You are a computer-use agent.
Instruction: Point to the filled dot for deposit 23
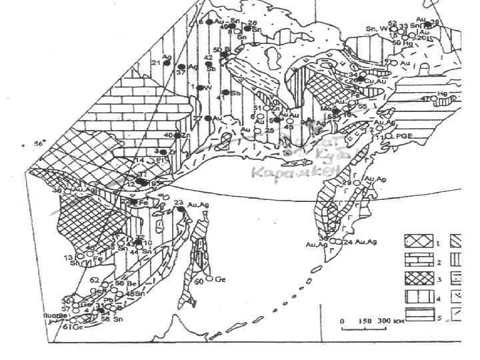[x=181, y=209]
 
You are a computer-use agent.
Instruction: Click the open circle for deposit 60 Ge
[x=209, y=278]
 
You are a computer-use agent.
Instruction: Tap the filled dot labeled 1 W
[x=198, y=87]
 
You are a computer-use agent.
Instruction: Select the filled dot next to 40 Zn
[x=177, y=135]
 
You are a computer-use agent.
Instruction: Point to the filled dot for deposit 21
[x=167, y=63]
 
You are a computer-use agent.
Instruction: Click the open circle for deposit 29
[x=355, y=183]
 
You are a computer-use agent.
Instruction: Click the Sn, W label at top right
[x=377, y=29]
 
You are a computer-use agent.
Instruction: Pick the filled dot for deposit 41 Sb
[x=225, y=92]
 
